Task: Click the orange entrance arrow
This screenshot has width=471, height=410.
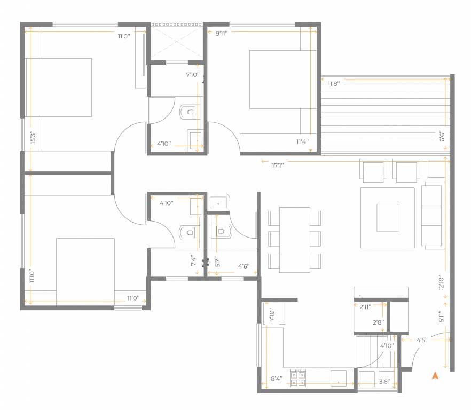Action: tap(435, 376)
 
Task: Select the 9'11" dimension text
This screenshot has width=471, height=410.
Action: tap(223, 33)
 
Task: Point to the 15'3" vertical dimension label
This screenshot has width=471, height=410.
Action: tap(33, 138)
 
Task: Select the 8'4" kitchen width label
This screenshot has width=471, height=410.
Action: tap(277, 379)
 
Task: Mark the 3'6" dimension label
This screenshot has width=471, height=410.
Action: tap(384, 381)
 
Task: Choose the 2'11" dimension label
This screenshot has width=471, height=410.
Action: tap(365, 306)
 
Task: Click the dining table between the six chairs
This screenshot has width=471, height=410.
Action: tap(295, 240)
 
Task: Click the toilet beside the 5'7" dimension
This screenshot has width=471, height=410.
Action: tap(221, 231)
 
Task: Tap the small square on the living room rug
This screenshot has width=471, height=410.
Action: tap(387, 218)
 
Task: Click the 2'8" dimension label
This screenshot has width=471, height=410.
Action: tap(378, 322)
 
